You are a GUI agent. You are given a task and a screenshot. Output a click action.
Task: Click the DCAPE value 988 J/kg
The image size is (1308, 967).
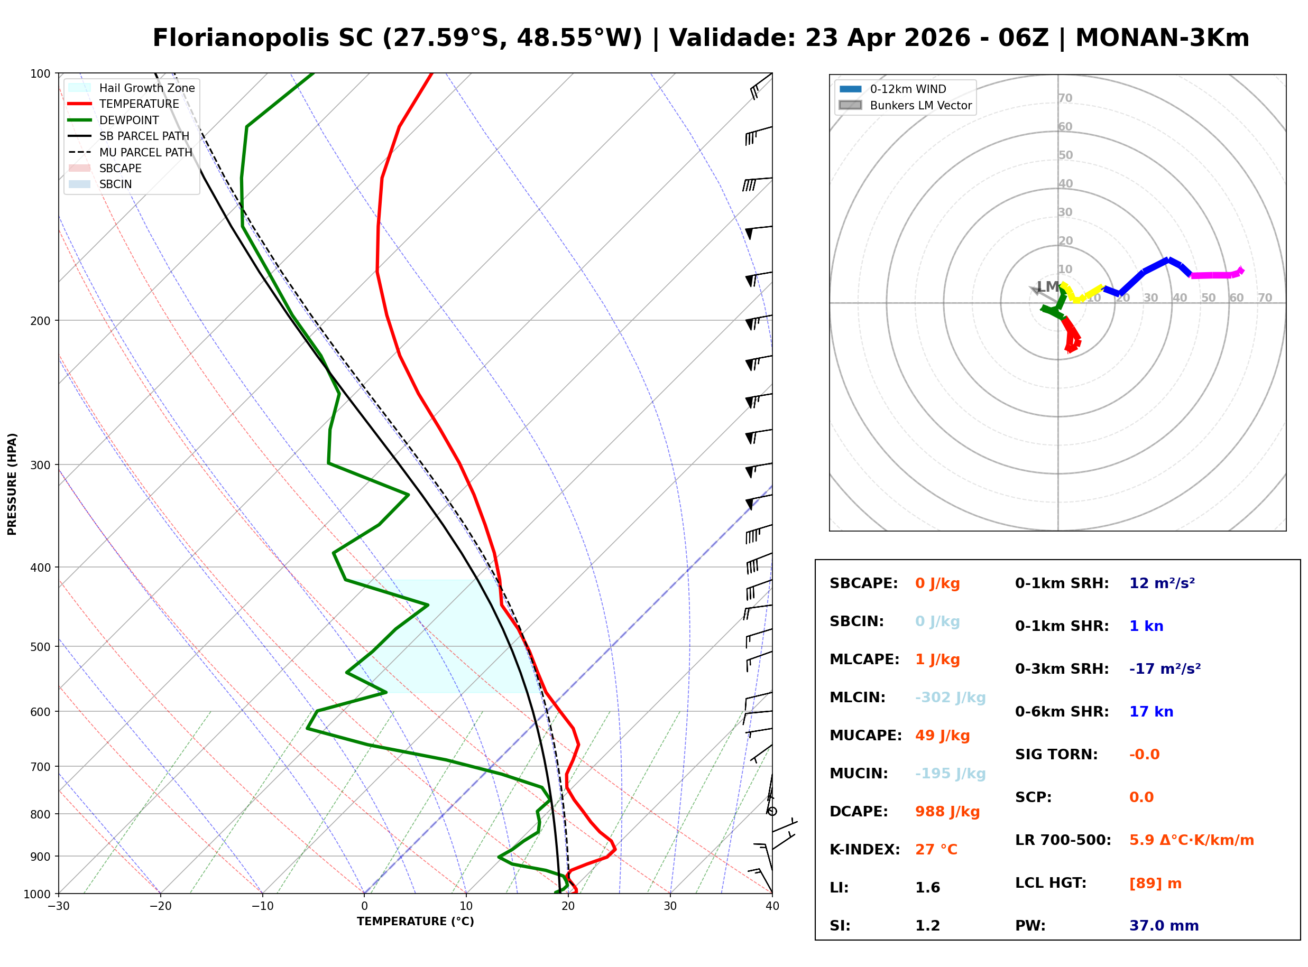click(947, 811)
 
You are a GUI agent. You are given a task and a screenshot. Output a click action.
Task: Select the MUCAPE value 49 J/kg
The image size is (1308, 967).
click(942, 735)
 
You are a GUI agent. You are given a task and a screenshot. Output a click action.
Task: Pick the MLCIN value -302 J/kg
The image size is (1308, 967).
click(950, 697)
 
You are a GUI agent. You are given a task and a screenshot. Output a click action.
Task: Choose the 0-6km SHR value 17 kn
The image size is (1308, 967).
click(1150, 711)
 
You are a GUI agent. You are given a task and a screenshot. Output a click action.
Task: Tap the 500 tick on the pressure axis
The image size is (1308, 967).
click(40, 647)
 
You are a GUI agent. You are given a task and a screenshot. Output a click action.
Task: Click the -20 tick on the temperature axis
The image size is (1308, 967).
click(160, 906)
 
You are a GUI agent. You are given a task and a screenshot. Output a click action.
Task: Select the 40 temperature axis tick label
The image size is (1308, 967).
click(772, 906)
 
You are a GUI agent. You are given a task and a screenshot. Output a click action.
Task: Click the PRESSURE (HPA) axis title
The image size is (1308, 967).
click(12, 484)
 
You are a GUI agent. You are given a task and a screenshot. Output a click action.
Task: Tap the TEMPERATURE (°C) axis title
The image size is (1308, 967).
click(415, 922)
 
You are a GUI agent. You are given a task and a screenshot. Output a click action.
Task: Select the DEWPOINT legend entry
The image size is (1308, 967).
click(129, 120)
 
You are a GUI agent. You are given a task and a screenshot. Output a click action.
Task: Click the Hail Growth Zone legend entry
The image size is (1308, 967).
click(146, 88)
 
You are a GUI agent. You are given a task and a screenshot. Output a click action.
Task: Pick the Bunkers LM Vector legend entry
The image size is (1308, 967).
click(920, 105)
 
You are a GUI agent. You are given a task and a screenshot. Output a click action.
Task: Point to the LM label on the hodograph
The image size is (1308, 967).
click(1047, 286)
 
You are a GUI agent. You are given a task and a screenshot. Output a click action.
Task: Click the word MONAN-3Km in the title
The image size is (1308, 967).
click(1162, 38)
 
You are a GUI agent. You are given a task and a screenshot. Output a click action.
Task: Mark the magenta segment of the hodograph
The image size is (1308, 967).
click(1215, 275)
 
